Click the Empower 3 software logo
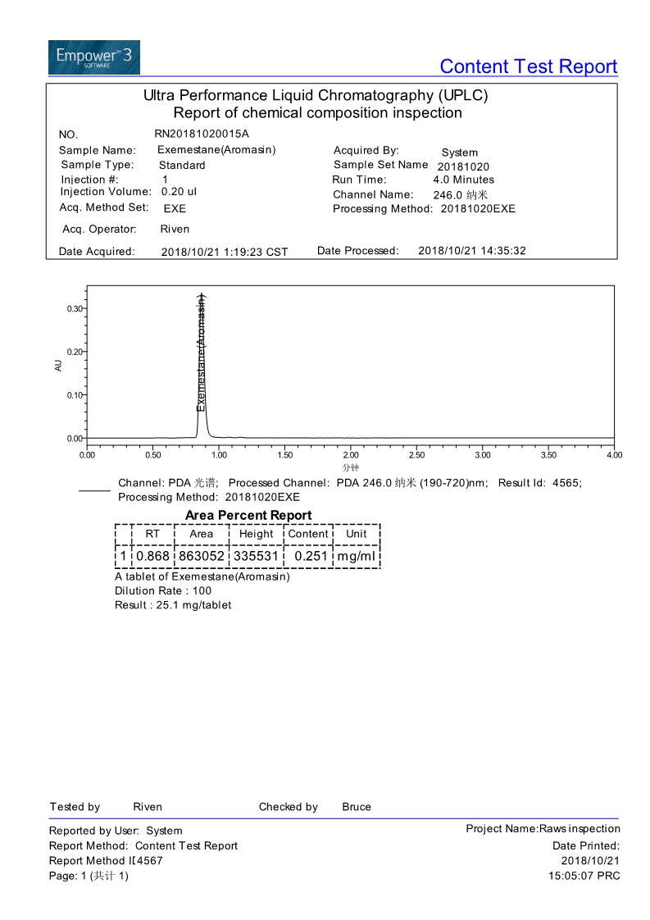[93, 57]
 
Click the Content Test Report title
[528, 66]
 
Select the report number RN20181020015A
[201, 134]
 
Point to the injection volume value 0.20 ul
[180, 192]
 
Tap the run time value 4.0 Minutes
[463, 180]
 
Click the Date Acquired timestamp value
[225, 252]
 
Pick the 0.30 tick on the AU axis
[74, 308]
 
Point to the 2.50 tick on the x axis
[416, 455]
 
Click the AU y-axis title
[58, 366]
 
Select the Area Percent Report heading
[248, 515]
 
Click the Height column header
[256, 534]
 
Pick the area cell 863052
[201, 556]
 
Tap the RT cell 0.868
[152, 556]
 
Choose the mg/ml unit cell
[357, 556]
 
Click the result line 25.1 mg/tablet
[173, 605]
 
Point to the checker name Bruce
[357, 807]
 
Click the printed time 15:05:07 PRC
[584, 876]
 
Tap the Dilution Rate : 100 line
[163, 591]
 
